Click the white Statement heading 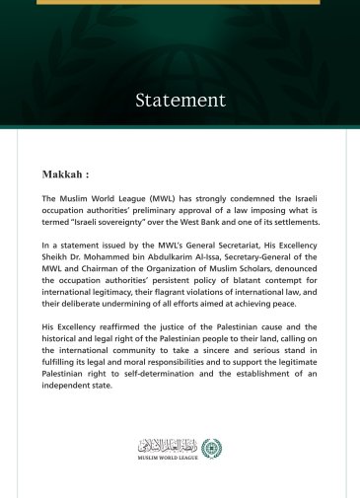pyautogui.click(x=180, y=100)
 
